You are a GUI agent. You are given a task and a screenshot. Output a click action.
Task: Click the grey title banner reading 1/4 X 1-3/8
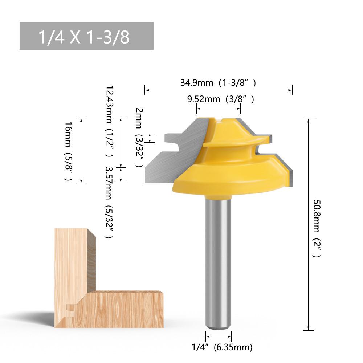(x=86, y=36)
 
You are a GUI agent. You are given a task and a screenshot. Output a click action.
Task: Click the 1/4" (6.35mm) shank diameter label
(x=222, y=347)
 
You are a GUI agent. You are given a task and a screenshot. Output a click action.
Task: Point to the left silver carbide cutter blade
(x=174, y=152)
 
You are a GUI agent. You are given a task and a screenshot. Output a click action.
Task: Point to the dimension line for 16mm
(x=81, y=151)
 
